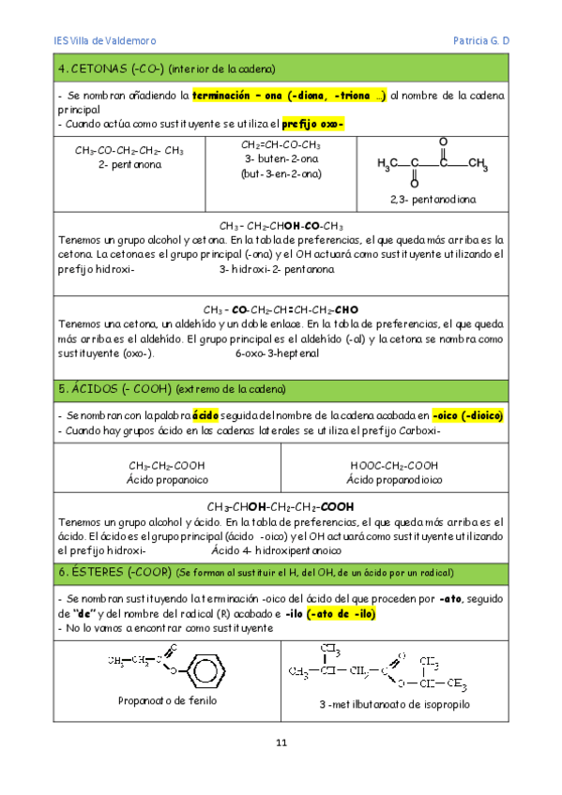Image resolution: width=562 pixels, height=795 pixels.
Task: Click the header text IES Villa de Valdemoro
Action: [x=104, y=41]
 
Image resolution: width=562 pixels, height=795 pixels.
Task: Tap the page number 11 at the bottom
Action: [x=281, y=743]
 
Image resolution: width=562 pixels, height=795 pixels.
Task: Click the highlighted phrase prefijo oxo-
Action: [x=312, y=124]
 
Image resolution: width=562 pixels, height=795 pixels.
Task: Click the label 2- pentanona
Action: [x=129, y=164]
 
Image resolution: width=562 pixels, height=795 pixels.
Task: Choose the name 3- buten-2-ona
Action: [x=281, y=159]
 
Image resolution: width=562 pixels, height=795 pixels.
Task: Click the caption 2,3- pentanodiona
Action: [x=433, y=200]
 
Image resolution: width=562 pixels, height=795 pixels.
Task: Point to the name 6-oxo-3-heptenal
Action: [x=277, y=353]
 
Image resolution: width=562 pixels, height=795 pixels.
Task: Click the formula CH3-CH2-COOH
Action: [x=168, y=466]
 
